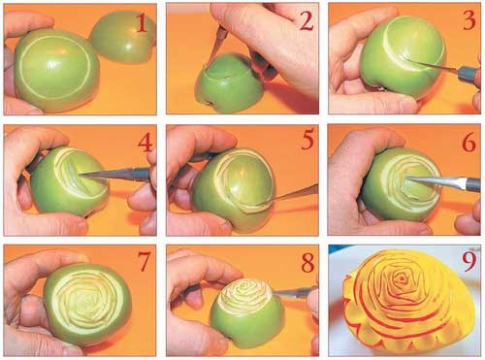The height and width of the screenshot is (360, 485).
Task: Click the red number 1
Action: tap(142, 23)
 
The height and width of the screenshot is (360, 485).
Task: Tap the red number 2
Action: tap(306, 21)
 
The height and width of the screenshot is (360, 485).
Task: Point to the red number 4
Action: tap(145, 143)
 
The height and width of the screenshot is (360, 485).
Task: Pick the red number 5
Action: tap(307, 141)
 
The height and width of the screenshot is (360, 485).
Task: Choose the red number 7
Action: tap(144, 261)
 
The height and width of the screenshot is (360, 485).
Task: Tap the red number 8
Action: tap(307, 262)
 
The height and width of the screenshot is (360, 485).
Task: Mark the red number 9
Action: tap(469, 262)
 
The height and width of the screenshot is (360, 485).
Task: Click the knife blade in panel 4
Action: tap(109, 173)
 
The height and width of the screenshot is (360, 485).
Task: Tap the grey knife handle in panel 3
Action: tap(469, 73)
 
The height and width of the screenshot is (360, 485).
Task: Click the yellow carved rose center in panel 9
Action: tap(402, 278)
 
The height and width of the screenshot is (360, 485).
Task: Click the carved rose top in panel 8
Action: tap(246, 294)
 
